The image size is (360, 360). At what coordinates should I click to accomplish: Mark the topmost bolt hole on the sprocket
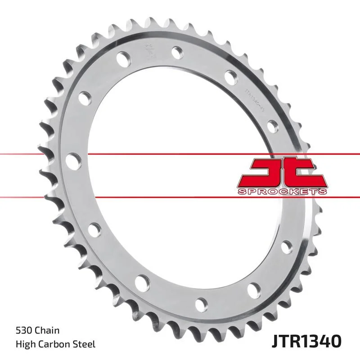tap(176, 52)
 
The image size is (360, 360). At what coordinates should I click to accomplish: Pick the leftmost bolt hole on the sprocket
tap(71, 159)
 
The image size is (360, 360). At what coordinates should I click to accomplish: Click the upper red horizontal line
tap(45, 154)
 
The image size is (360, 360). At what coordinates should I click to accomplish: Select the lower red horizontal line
tap(45, 196)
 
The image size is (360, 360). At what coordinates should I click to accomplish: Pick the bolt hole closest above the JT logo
tap(272, 124)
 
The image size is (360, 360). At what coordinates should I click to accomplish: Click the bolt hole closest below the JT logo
tap(286, 247)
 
